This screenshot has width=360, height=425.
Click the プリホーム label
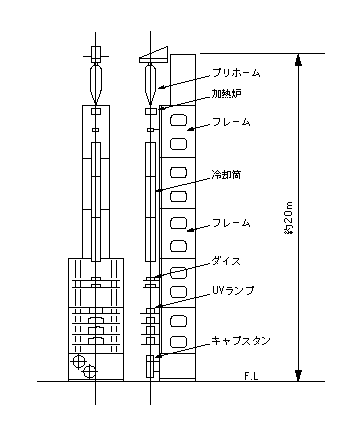click(236, 73)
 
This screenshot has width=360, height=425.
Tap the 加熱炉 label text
click(227, 94)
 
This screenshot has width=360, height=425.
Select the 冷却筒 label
click(226, 174)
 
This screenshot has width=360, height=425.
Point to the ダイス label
click(226, 261)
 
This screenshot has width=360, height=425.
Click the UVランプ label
click(233, 290)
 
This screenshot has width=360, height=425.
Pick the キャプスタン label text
click(241, 341)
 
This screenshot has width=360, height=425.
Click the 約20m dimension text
click(289, 218)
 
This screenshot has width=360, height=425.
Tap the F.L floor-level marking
click(252, 376)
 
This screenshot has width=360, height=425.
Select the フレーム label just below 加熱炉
click(231, 122)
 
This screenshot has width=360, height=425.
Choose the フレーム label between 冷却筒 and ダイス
click(231, 223)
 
